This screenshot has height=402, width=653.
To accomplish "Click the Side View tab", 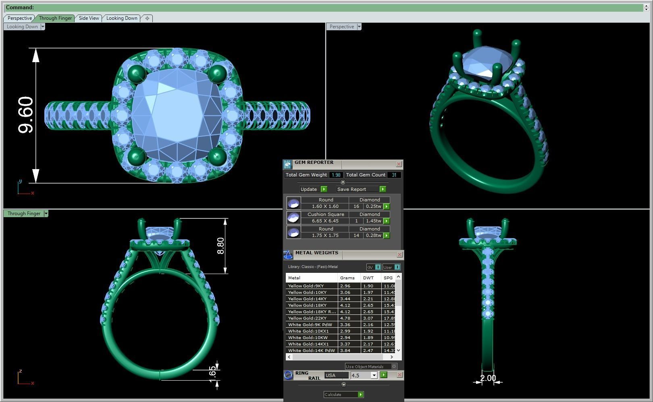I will (x=89, y=18).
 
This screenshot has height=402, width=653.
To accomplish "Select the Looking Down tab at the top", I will (x=122, y=18).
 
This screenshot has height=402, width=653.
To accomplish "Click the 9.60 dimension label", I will (x=25, y=115).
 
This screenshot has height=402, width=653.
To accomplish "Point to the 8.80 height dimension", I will (x=220, y=246).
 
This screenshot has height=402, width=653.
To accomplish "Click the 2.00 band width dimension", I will (x=488, y=378).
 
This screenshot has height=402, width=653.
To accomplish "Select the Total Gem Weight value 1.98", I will (x=336, y=175).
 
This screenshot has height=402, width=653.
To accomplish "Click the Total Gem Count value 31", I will (x=394, y=175).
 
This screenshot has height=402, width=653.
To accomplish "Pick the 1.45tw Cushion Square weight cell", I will (x=373, y=221).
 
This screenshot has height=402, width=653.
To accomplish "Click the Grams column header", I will (x=347, y=278).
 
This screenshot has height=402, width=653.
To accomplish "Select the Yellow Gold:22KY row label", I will (x=307, y=318).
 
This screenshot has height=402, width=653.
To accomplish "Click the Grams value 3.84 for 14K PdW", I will (x=345, y=350).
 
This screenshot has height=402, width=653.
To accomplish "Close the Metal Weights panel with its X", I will (x=399, y=254).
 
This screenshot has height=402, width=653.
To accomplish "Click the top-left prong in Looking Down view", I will (x=136, y=74).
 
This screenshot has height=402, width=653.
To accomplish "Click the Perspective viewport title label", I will (x=341, y=27).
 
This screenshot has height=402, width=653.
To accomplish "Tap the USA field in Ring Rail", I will (x=336, y=375).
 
